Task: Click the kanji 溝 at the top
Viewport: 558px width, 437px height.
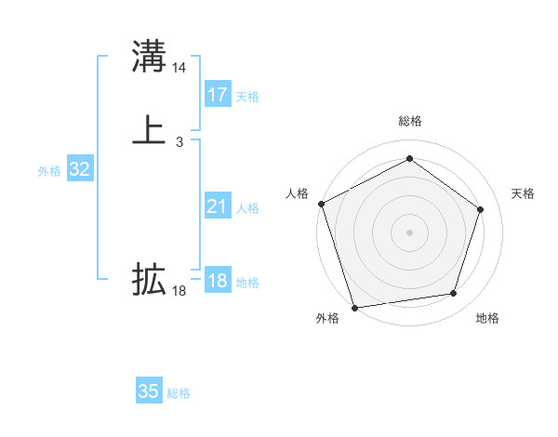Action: click(149, 57)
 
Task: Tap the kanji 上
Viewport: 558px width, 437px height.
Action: click(149, 129)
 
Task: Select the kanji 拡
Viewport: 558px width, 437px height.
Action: click(149, 279)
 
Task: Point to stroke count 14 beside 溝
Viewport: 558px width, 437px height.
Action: click(179, 68)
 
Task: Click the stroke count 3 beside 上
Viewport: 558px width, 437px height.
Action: click(179, 141)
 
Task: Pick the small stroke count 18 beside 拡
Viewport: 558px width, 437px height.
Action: click(179, 291)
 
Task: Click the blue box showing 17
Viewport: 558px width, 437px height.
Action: click(218, 95)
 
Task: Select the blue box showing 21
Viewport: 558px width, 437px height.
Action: click(218, 207)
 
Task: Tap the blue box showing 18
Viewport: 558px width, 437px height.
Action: click(218, 281)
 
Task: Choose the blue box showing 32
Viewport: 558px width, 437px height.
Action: click(79, 169)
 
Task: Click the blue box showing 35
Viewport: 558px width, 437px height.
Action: click(149, 391)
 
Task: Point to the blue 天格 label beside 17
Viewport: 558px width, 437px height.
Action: click(247, 97)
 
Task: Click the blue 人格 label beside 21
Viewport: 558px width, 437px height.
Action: click(247, 208)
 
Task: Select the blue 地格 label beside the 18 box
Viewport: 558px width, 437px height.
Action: click(247, 283)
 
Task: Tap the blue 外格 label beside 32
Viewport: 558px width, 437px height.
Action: click(49, 171)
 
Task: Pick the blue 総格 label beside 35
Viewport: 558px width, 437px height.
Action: click(179, 393)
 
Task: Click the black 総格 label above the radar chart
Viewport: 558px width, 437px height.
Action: click(409, 121)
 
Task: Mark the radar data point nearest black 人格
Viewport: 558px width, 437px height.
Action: click(321, 204)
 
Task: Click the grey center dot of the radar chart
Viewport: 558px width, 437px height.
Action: click(409, 232)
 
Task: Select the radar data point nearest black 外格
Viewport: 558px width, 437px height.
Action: click(354, 306)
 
